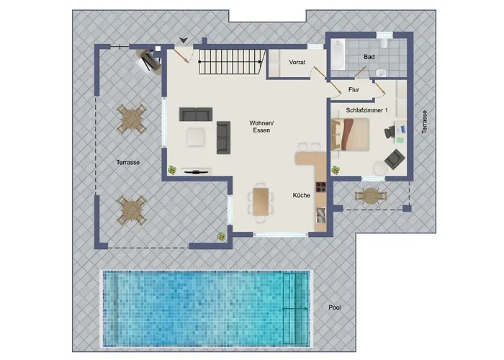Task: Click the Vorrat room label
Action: coord(297,62)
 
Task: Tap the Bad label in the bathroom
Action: coord(369,57)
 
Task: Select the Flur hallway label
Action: coord(354,90)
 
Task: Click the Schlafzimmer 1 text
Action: coord(366,110)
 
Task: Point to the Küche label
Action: coord(302,195)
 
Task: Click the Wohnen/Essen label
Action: coord(261,127)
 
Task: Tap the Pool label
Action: coord(335,307)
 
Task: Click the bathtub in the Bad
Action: coord(338,55)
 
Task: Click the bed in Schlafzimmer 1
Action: coord(350,134)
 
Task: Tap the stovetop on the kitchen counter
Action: coord(321,186)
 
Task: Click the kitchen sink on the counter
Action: coord(321,215)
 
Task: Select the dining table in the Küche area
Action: coord(261,202)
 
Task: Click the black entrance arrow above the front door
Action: coord(184,40)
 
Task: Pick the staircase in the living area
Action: coord(232,62)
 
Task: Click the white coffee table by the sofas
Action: coord(196,138)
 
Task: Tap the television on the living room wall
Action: coord(196,171)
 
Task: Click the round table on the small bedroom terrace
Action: coord(371,195)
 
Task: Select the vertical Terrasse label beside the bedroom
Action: coord(425,122)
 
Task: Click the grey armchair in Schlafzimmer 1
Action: coord(395,159)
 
